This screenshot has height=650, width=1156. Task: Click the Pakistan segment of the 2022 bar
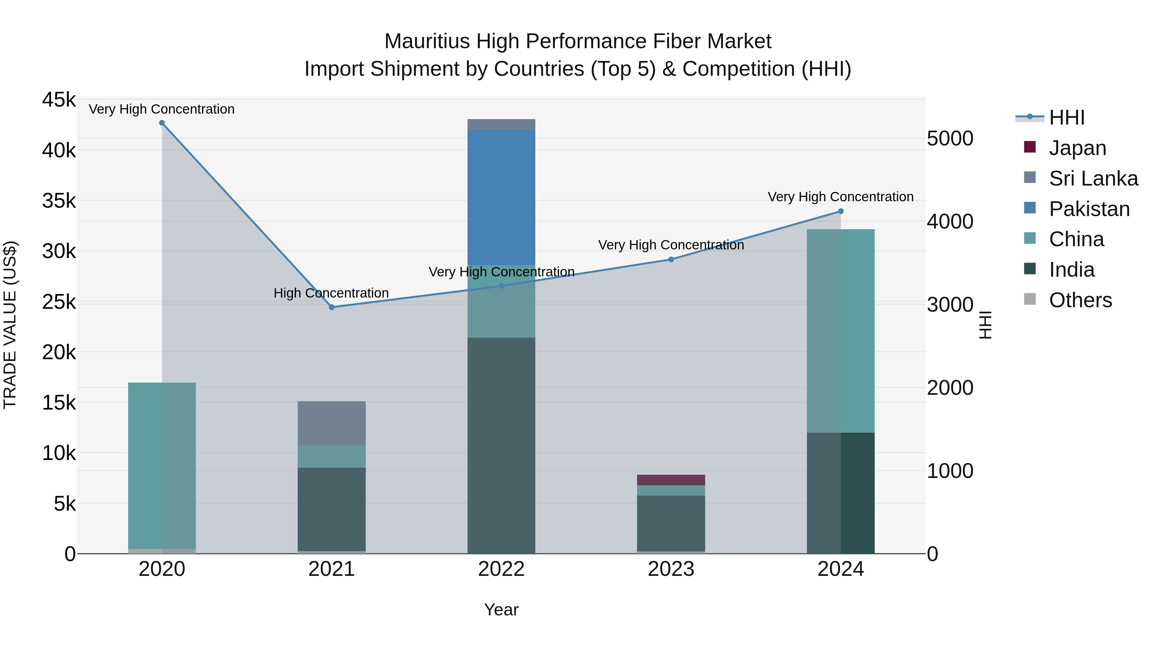click(x=501, y=197)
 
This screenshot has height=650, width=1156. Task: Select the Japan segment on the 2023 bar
click(x=671, y=480)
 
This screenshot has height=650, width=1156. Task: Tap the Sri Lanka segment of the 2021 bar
click(x=332, y=423)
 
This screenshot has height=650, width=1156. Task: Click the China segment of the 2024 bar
click(x=841, y=331)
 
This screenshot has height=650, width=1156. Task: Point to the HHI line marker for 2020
click(x=162, y=123)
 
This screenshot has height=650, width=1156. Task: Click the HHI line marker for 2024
click(x=841, y=211)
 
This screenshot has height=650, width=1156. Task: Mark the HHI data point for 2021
click(x=332, y=307)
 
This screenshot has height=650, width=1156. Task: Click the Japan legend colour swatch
click(x=1030, y=147)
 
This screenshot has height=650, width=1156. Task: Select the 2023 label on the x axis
click(x=671, y=569)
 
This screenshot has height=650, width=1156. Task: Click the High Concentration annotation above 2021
click(x=331, y=293)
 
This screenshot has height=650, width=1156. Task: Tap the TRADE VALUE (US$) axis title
click(x=10, y=325)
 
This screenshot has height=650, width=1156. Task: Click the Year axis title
click(x=501, y=610)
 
